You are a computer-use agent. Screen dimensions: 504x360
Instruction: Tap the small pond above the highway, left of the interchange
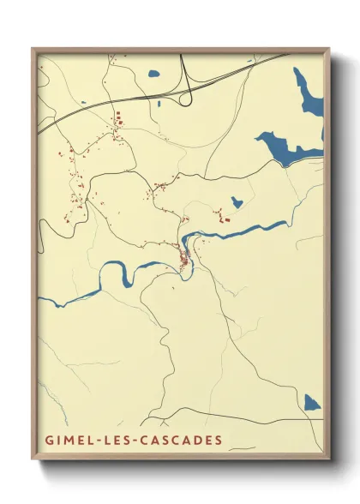coord(153,74)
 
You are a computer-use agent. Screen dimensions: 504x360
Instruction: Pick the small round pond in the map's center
coord(236,202)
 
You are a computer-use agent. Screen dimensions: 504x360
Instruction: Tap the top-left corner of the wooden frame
coord(33,49)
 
